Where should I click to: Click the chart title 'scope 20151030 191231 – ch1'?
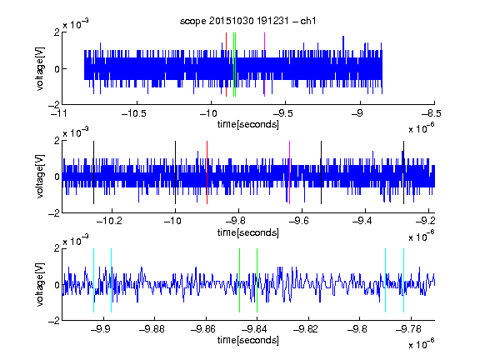pos(247,21)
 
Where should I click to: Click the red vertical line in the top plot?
pos(226,65)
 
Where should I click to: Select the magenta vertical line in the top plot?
pos(264,65)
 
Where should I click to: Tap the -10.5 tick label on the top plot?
pos(134,113)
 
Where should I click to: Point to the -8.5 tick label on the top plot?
pos(432,113)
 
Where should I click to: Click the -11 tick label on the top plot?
pos(60,113)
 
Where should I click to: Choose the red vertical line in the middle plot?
pos(207,172)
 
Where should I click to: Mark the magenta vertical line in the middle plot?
pos(290,172)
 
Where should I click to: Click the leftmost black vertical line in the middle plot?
pos(93,172)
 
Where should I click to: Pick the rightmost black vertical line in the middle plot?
pos(404,172)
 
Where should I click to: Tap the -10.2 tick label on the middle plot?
pos(109,221)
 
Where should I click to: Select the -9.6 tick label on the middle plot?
pos(299,221)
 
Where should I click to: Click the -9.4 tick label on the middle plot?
pos(362,221)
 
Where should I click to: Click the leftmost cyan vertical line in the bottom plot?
pos(93,280)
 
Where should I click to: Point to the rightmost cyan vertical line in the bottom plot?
pos(404,280)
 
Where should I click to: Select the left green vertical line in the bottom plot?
pos(240,280)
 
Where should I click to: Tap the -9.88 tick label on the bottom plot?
pos(152,329)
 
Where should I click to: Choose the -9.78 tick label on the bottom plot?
pos(408,329)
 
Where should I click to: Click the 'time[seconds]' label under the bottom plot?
pos(248,340)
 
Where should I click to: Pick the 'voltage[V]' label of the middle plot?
pos(40,177)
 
